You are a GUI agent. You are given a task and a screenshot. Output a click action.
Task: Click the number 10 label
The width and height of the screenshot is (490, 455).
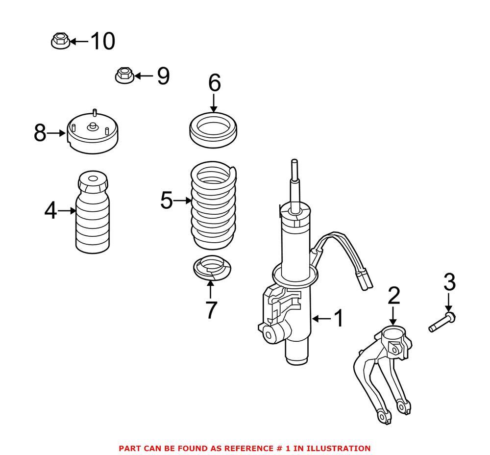click(x=102, y=41)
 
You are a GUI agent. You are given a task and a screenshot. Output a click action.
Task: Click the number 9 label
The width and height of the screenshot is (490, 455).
click(x=163, y=76)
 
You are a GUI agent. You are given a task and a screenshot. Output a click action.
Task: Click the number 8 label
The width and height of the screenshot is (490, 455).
click(x=40, y=133)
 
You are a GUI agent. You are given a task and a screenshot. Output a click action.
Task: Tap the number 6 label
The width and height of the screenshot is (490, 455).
click(x=214, y=84)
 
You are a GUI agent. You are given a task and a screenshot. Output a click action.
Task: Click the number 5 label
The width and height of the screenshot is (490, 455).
click(x=167, y=201)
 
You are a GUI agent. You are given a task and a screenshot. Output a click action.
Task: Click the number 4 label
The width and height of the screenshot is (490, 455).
click(x=50, y=212)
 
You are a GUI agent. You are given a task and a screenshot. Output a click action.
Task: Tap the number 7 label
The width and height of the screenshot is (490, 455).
click(x=211, y=310)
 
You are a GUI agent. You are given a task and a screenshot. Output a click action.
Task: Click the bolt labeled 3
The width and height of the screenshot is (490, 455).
click(x=442, y=322)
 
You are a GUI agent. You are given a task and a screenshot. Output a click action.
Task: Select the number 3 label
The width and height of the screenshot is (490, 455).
click(x=449, y=282)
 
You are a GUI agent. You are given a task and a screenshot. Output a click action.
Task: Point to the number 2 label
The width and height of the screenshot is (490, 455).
click(x=394, y=296)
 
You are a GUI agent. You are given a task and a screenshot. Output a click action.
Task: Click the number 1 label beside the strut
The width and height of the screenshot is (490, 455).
click(x=339, y=319)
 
